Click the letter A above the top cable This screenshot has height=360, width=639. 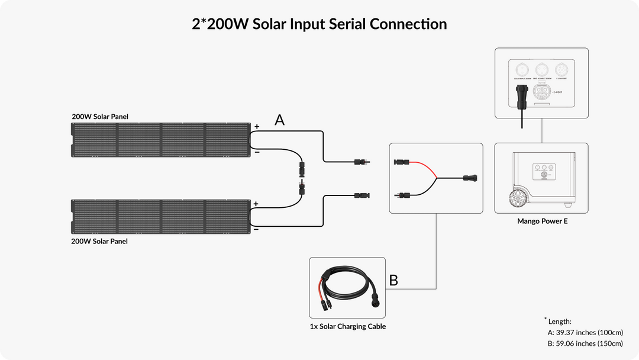coord(280,120)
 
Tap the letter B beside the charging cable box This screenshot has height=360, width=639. coord(393,280)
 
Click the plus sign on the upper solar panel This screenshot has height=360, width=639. coord(257,127)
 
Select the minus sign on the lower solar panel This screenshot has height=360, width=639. coord(256,229)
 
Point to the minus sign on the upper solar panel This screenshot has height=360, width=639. coord(256,152)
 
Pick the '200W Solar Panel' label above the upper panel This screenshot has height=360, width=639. coord(100,117)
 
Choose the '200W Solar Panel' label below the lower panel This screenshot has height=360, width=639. coord(99,241)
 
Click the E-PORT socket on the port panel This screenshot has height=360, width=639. coord(541,92)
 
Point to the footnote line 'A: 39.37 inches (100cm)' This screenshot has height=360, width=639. coord(585,332)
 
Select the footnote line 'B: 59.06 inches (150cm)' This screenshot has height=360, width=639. coord(585,343)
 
